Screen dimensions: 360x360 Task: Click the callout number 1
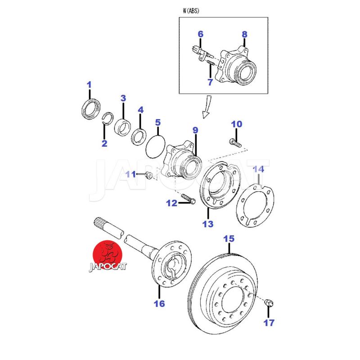point(89,85)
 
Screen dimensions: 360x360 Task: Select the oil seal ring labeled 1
point(90,110)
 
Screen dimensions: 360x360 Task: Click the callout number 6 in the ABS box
point(201,34)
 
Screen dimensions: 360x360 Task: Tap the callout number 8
point(244,34)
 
